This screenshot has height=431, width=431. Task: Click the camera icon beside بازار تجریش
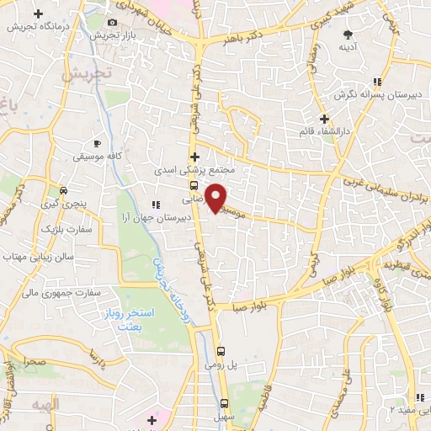coord(114,23)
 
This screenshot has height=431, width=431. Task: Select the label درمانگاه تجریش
coord(38,26)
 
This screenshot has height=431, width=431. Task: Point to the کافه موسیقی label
coord(95,157)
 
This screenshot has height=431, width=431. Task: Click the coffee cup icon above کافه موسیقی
coord(97,144)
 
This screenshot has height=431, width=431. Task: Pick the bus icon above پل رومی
coord(221,351)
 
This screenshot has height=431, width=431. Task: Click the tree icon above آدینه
coord(348,35)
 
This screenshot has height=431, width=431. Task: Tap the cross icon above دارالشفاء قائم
coord(324,118)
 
